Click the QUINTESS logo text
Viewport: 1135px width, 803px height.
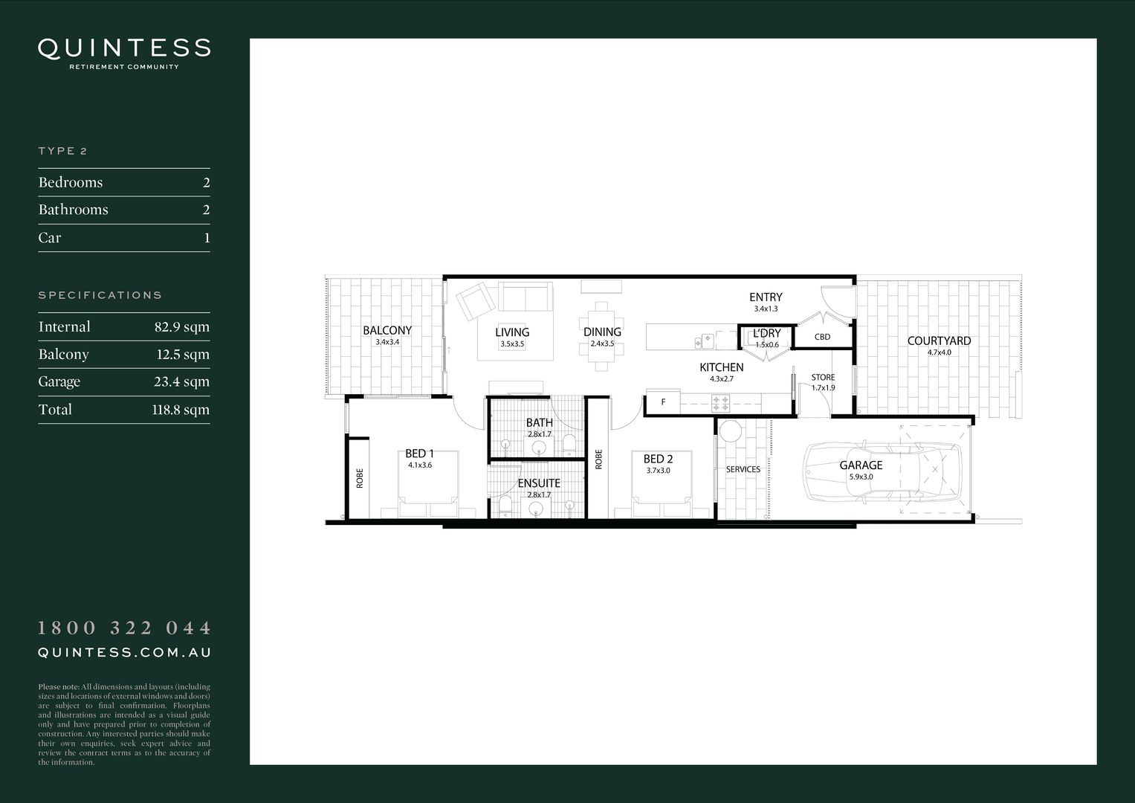(x=124, y=48)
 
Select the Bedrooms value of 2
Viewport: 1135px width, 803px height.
(x=207, y=183)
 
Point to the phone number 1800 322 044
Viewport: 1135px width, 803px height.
(x=124, y=628)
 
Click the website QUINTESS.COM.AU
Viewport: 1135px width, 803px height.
(x=124, y=653)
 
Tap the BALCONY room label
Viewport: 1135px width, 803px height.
(x=387, y=331)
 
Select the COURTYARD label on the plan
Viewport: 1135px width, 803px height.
(x=939, y=341)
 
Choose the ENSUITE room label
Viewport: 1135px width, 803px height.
(x=539, y=483)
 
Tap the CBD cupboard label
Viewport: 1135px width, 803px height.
(x=822, y=337)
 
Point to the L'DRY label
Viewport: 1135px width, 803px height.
(x=766, y=334)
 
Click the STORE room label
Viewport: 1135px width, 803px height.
(x=823, y=378)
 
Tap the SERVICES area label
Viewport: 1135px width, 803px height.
(x=743, y=469)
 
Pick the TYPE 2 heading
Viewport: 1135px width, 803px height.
(x=63, y=151)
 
